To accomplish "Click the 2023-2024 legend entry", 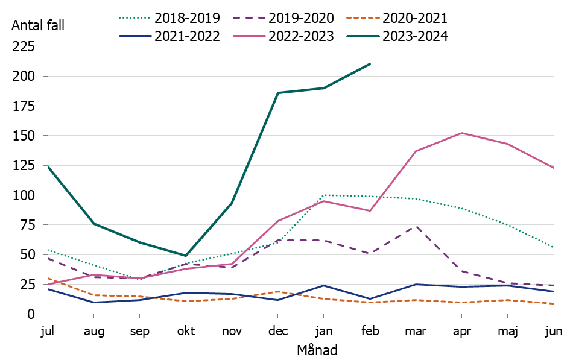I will (x=399, y=36).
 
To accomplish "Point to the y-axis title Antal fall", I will (x=37, y=25).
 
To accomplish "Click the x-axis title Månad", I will (x=317, y=350).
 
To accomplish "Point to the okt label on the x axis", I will (x=186, y=331).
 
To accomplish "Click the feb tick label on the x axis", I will (x=370, y=331).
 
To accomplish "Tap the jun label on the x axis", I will (x=554, y=331).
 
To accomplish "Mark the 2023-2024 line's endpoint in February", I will (x=370, y=64).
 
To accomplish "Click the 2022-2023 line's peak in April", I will (x=461, y=133).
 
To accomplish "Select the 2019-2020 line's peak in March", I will (x=416, y=226).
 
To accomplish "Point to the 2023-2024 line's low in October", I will (x=186, y=256).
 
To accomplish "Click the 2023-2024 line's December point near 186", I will (x=278, y=93).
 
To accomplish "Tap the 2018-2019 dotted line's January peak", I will (x=324, y=195).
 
